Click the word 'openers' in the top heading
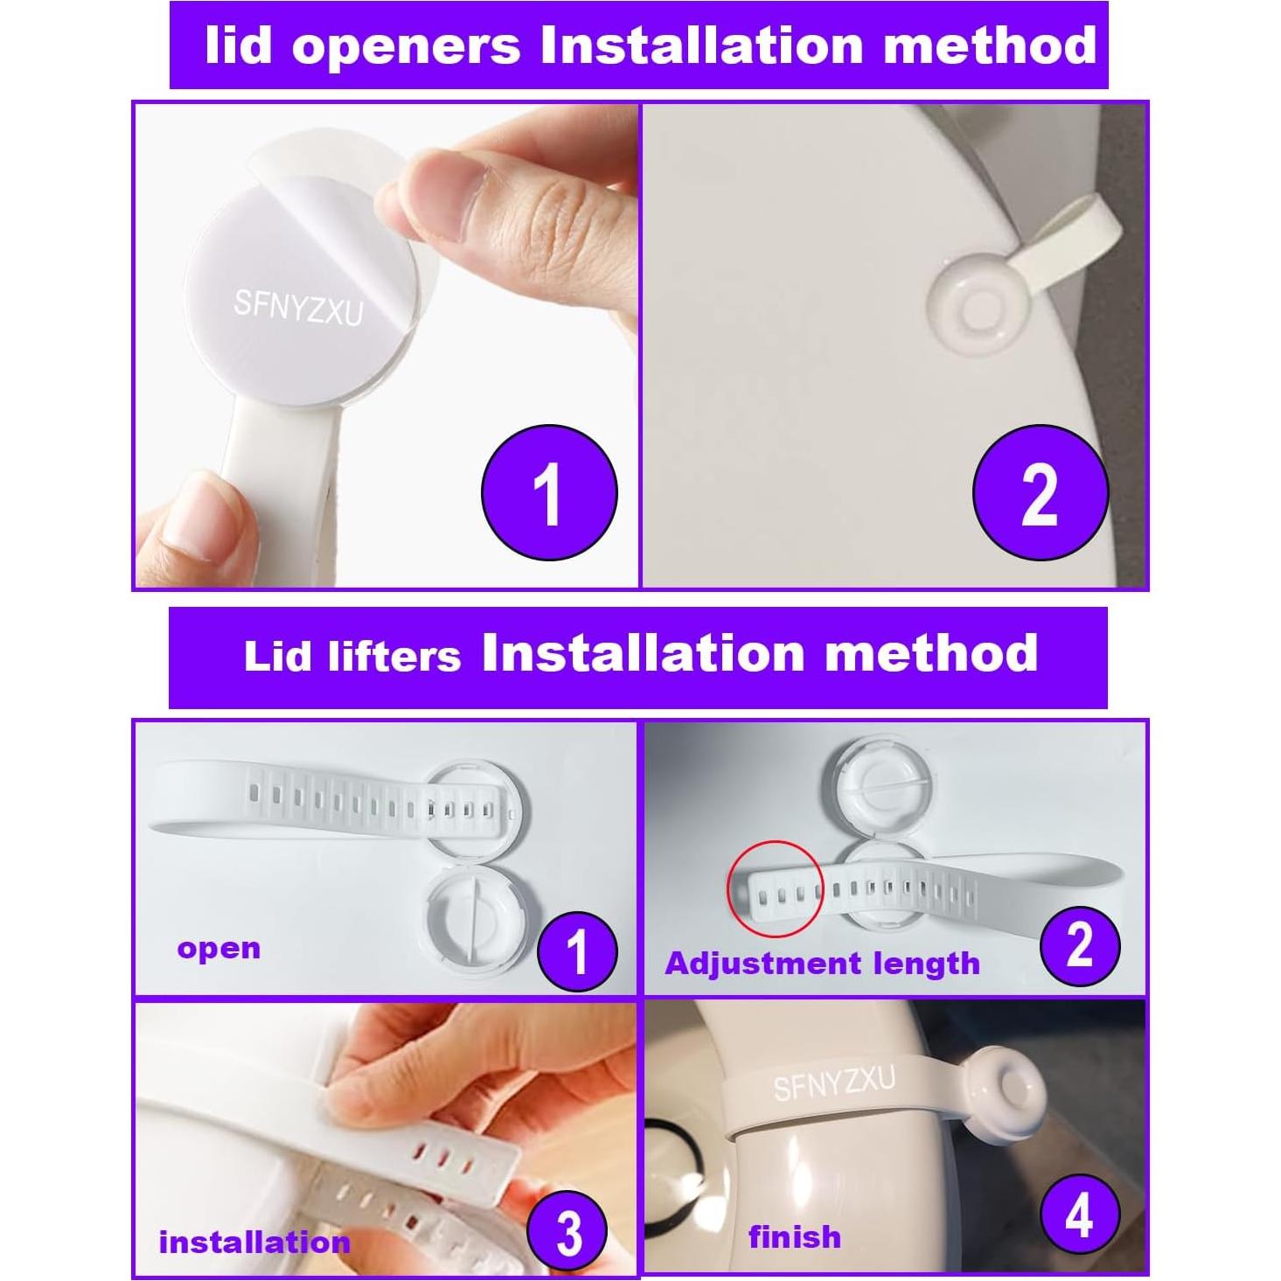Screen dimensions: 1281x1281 click(x=407, y=45)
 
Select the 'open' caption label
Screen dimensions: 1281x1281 click(x=219, y=949)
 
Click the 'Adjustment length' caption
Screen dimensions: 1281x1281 click(x=822, y=964)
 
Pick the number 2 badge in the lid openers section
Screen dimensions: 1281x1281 click(x=1040, y=492)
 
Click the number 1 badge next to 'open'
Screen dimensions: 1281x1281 click(x=577, y=950)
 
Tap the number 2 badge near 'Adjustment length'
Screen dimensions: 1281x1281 click(x=1080, y=945)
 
